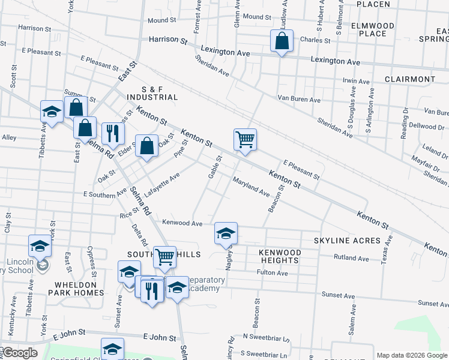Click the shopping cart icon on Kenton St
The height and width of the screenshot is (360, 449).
pyautogui.click(x=245, y=140)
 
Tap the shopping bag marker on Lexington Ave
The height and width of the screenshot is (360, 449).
pyautogui.click(x=282, y=41)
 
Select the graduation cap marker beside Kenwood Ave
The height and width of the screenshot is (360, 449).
pyautogui.click(x=226, y=233)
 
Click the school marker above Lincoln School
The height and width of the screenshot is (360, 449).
pyautogui.click(x=40, y=246)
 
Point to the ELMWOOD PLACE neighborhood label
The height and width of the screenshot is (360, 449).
pyautogui.click(x=373, y=29)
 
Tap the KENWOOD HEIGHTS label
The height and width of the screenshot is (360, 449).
pyautogui.click(x=280, y=257)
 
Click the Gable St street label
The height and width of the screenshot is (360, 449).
pyautogui.click(x=215, y=167)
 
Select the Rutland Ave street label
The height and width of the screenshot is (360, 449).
pyautogui.click(x=352, y=257)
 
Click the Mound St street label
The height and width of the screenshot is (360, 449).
pyautogui.click(x=161, y=20)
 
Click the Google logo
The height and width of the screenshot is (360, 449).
pyautogui.click(x=19, y=353)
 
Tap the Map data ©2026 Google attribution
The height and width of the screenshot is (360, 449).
pyautogui.click(x=411, y=355)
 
